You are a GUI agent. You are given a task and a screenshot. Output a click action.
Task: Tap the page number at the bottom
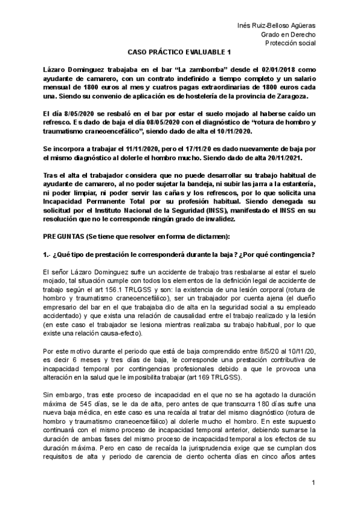click(313, 483)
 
